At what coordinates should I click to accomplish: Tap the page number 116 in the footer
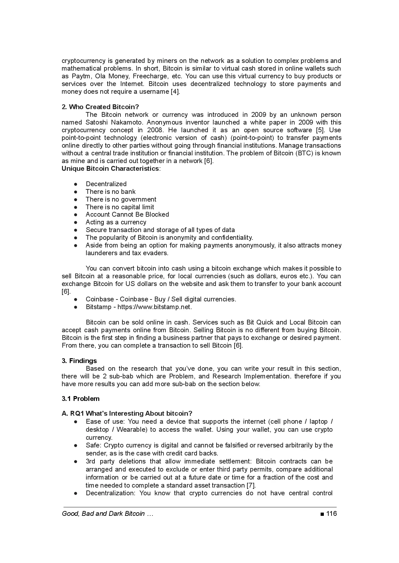[332, 514]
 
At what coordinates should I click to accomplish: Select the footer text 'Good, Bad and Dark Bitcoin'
[103, 514]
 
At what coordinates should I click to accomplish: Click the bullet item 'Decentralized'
[106, 184]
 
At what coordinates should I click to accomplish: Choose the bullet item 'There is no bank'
[111, 192]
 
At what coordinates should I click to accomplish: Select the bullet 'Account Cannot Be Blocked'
[127, 214]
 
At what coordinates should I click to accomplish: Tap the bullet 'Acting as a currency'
[116, 222]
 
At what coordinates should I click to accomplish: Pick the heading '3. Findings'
[79, 361]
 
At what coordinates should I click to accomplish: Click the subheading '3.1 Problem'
[81, 399]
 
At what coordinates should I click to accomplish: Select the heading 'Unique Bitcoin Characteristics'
[110, 169]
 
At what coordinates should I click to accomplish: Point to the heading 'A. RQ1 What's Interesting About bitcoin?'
[127, 413]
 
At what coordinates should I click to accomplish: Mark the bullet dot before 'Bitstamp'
[76, 307]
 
